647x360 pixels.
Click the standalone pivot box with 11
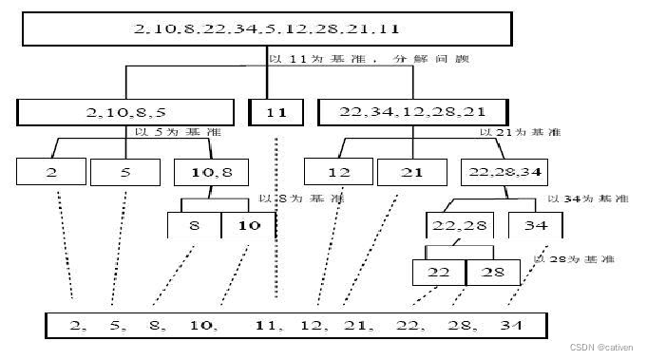click(276, 112)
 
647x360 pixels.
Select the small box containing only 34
click(534, 225)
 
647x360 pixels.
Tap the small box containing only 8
click(193, 225)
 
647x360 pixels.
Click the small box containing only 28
click(492, 273)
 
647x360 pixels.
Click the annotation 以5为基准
click(167, 132)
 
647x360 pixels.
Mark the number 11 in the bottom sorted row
click(270, 325)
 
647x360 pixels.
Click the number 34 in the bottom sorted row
click(511, 325)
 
